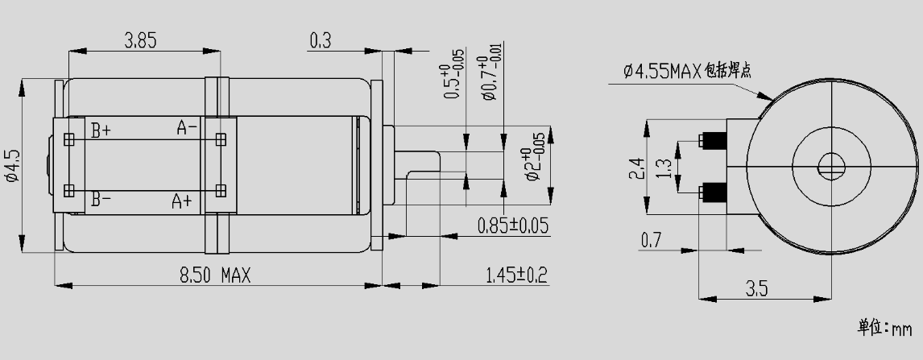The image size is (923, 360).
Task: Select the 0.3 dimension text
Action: click(320, 39)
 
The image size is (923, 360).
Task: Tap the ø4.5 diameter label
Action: click(11, 165)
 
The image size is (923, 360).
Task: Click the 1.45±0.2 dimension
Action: click(516, 275)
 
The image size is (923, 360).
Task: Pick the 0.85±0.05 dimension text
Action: click(512, 226)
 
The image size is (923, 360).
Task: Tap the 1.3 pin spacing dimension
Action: click(664, 168)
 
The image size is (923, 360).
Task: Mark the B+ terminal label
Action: click(101, 129)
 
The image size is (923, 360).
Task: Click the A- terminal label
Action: click(187, 127)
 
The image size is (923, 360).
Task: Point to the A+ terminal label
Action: click(181, 201)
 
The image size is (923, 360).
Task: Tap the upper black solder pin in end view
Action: click(713, 141)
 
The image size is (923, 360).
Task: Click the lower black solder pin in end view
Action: click(713, 192)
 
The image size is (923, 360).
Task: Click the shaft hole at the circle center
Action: click(830, 168)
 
